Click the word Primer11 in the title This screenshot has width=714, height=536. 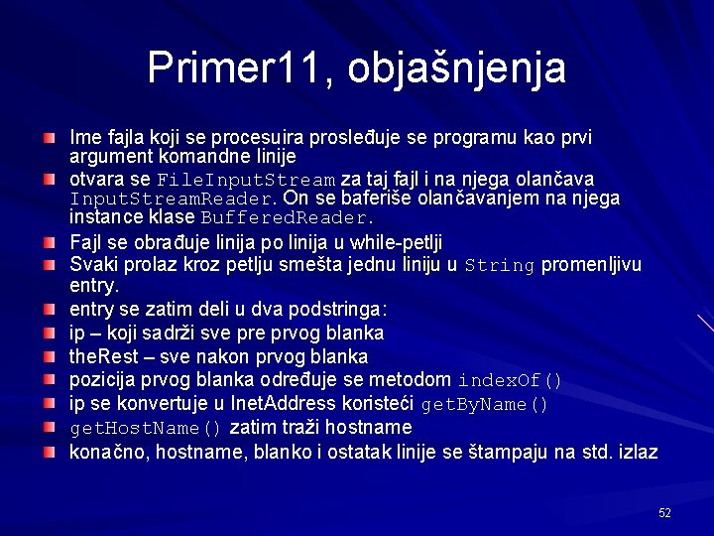(x=226, y=67)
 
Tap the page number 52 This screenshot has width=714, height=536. (x=664, y=512)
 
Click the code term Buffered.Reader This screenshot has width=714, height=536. (x=288, y=217)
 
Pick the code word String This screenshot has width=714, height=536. (x=500, y=266)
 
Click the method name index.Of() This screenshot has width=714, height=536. (x=511, y=381)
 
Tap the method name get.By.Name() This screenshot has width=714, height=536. (x=485, y=405)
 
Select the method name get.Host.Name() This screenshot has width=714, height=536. (x=146, y=429)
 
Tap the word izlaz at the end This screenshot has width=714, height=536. (x=637, y=453)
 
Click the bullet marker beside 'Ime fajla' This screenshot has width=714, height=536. (x=49, y=132)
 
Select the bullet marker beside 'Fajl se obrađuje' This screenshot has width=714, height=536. (x=49, y=241)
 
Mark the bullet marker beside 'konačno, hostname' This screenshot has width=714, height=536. (x=49, y=453)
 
